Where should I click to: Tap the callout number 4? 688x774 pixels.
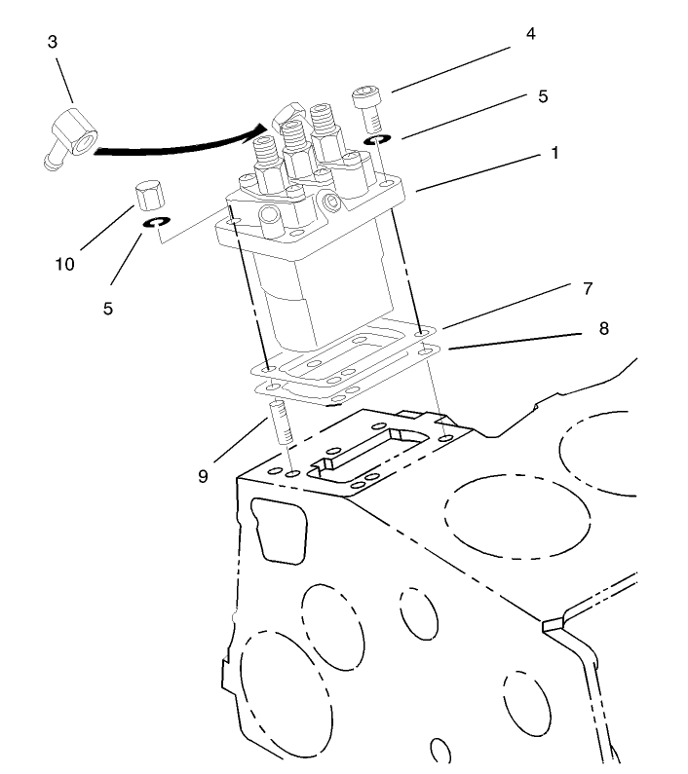pos(530,34)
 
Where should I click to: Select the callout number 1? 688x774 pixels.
pos(554,154)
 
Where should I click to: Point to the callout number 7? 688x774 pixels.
pos(588,288)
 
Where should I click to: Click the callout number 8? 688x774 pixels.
pos(603,329)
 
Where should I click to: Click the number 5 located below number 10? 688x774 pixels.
pos(107,308)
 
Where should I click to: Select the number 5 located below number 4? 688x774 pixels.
pos(543,96)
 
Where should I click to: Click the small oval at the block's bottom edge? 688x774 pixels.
pos(441,752)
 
